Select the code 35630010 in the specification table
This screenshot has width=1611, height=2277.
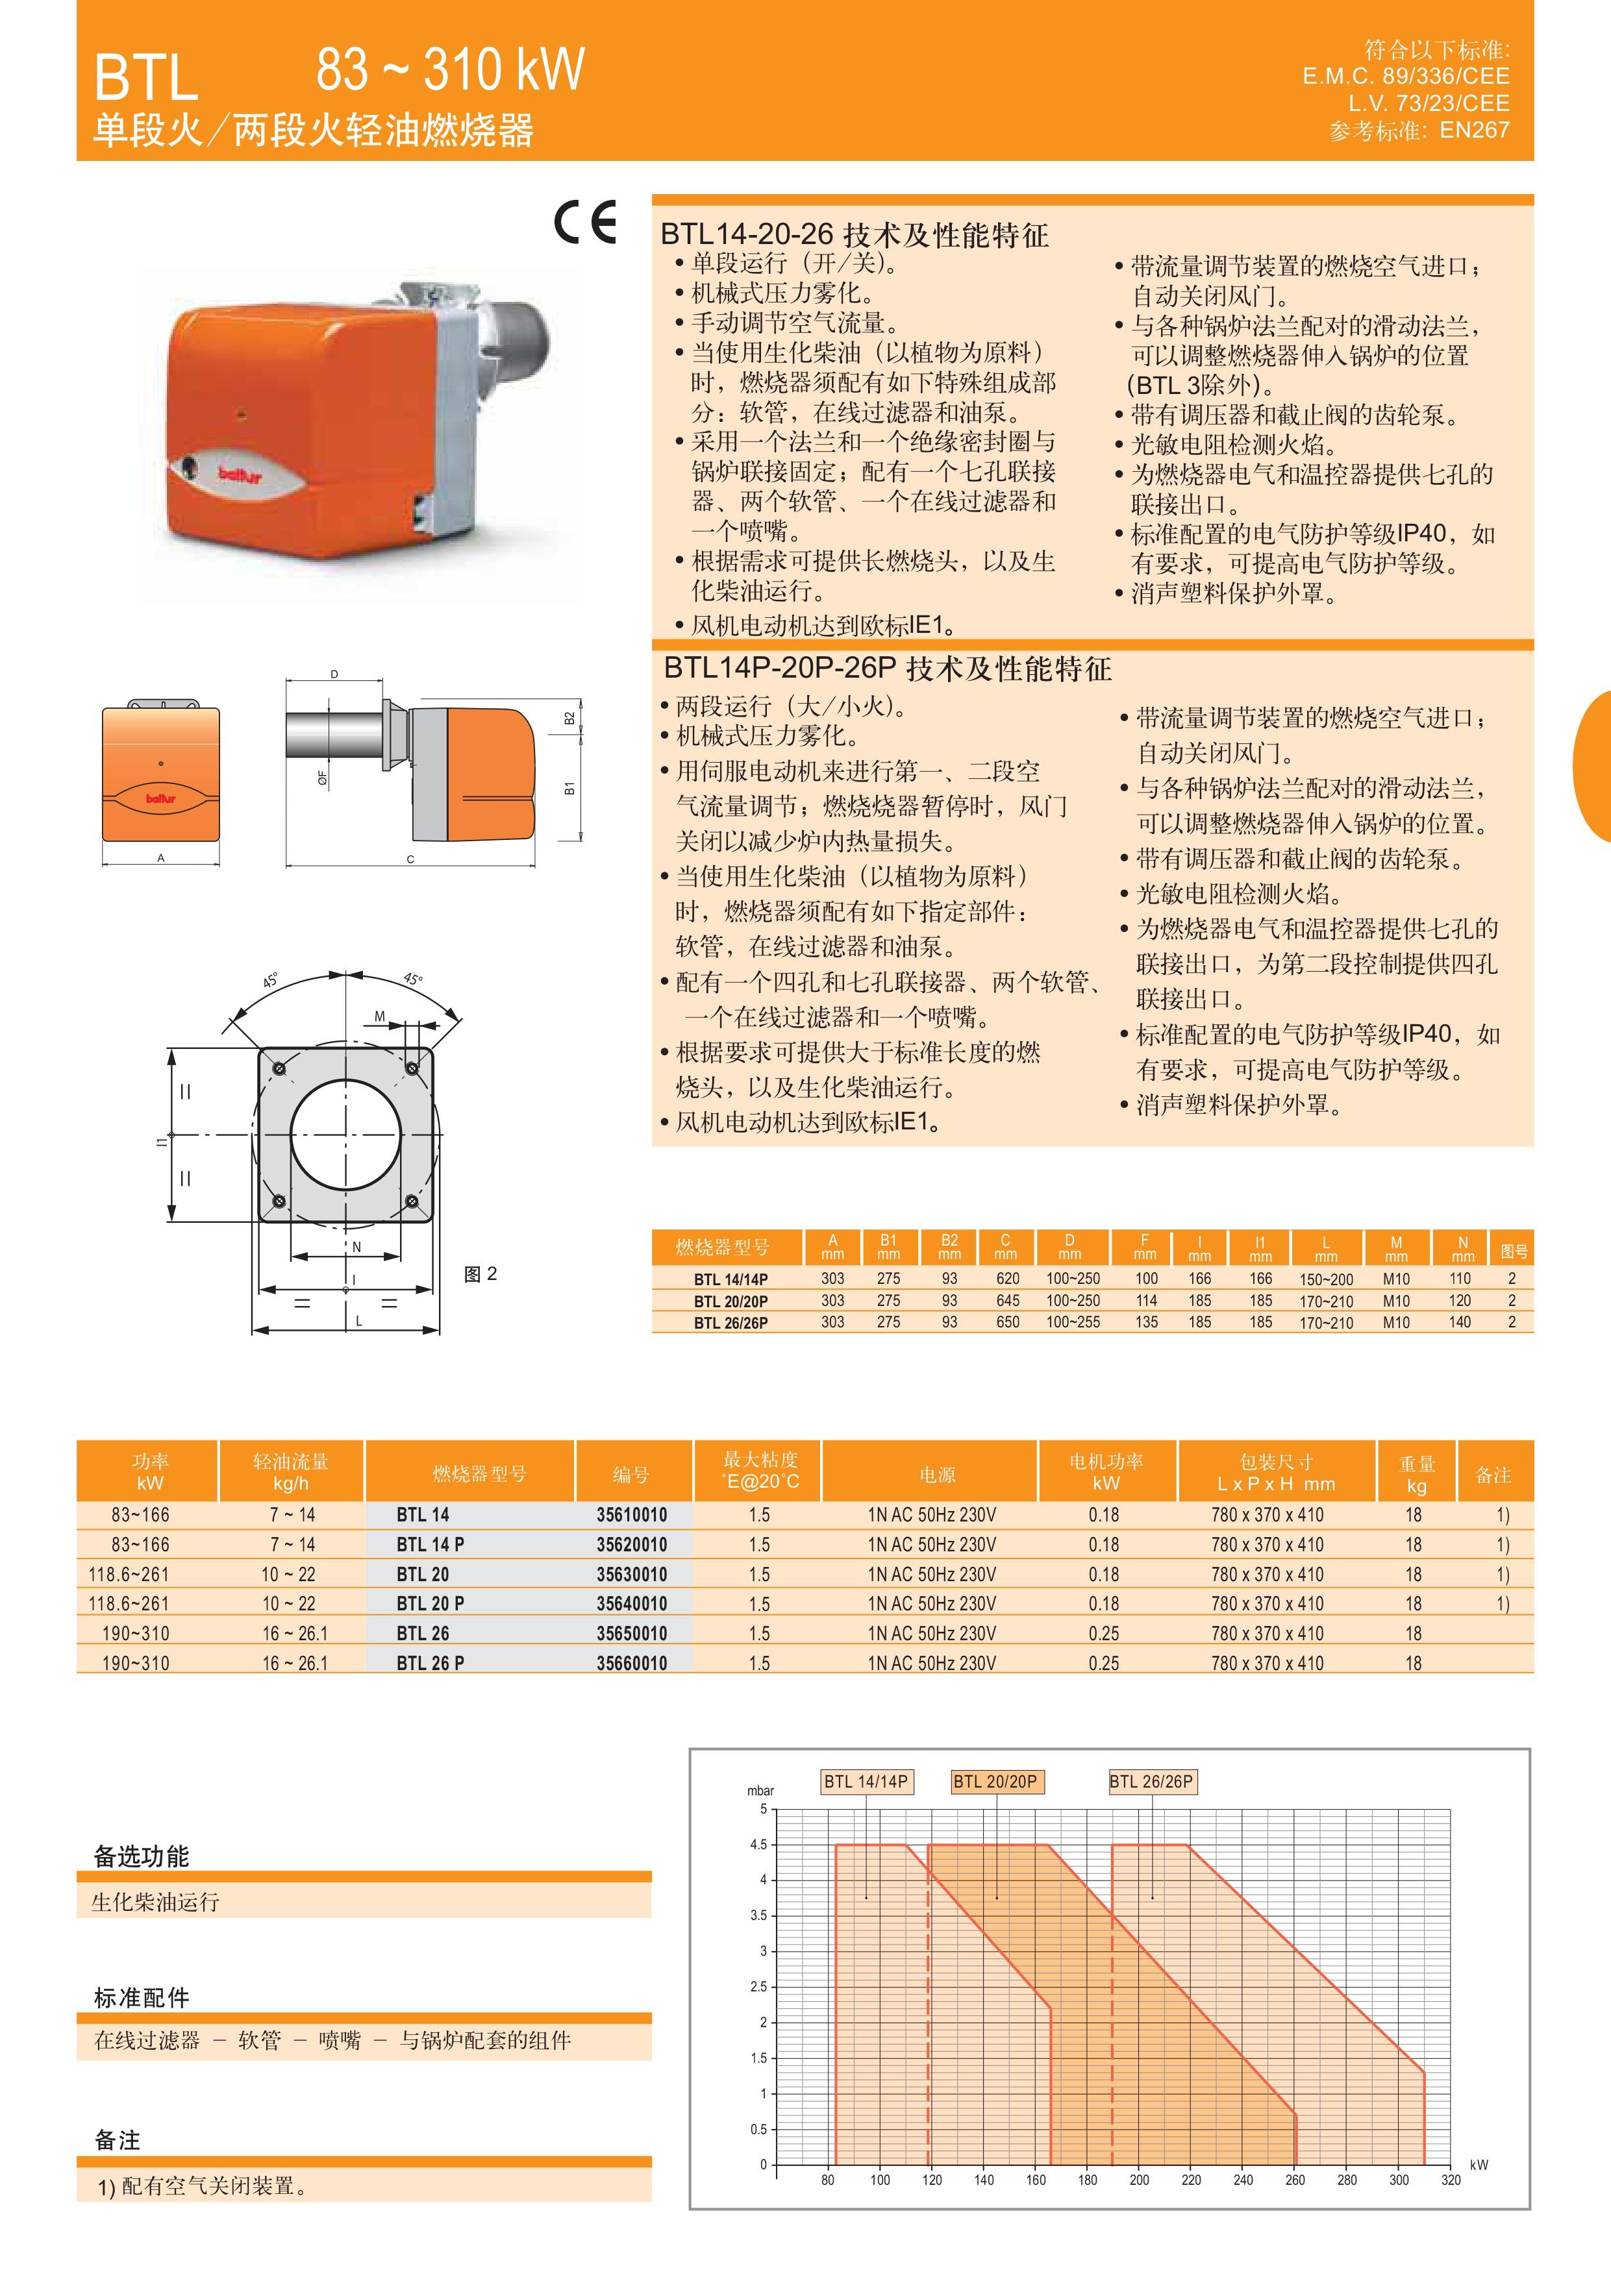(x=631, y=1574)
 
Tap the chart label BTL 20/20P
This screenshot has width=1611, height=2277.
(x=995, y=1781)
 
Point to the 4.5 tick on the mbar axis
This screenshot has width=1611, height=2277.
(x=759, y=1845)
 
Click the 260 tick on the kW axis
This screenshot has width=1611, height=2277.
(x=1295, y=2180)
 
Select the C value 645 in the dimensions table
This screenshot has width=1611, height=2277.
(x=1007, y=1300)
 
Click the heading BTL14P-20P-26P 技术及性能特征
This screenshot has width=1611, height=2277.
(x=888, y=669)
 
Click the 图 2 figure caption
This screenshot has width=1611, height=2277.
(x=480, y=1274)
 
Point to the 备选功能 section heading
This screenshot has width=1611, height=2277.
(x=141, y=1856)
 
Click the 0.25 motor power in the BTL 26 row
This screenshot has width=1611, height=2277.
(x=1103, y=1633)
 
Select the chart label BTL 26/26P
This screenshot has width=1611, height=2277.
(x=1152, y=1781)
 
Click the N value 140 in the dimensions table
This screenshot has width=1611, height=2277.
(x=1460, y=1322)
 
